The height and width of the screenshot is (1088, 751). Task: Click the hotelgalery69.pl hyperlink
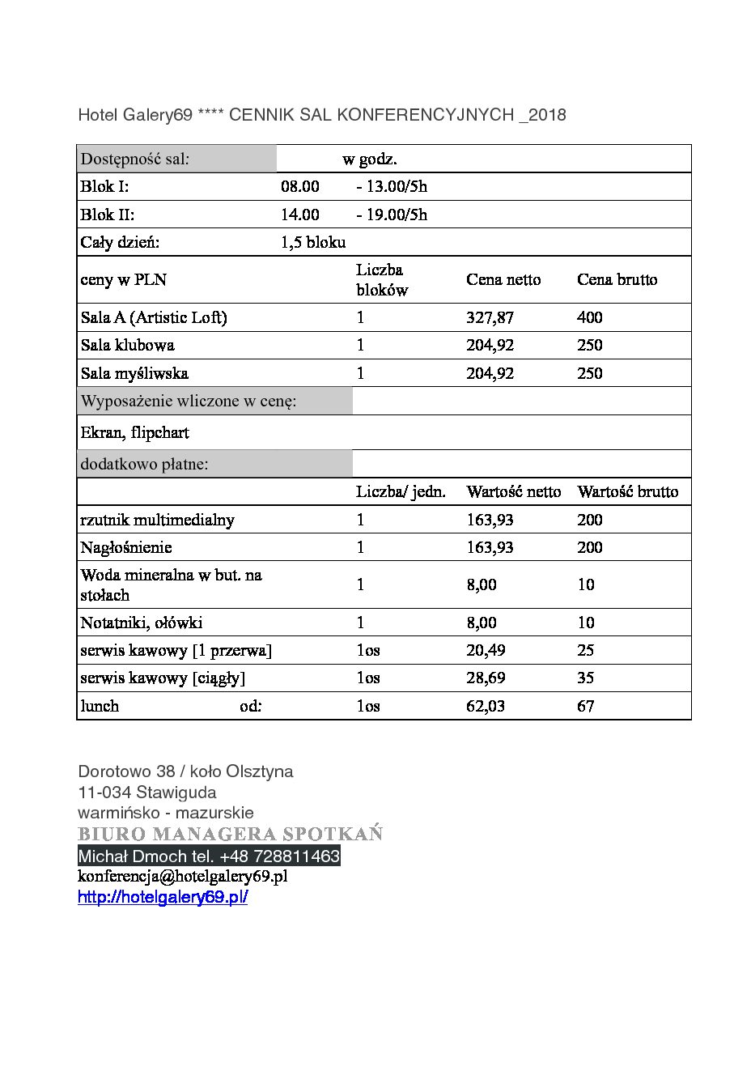163,897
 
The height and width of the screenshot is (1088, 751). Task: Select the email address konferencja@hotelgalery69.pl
183,877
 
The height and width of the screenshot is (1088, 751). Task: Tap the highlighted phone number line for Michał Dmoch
209,856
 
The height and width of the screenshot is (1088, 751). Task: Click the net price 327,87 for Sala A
490,317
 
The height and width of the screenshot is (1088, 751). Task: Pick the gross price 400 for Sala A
590,317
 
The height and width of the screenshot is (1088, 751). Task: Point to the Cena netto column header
503,279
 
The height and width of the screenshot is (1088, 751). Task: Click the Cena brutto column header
617,279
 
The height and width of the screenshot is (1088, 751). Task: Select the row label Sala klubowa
128,345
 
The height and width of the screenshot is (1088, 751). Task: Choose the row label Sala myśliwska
134,373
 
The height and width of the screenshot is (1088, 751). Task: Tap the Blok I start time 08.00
300,187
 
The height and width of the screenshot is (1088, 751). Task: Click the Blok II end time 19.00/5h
392,215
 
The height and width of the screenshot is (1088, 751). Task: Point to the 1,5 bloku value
313,242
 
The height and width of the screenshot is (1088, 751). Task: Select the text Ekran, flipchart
135,432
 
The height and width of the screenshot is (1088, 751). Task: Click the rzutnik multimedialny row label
158,520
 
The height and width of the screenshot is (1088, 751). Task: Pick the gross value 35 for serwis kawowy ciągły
586,678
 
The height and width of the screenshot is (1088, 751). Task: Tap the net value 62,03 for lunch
486,706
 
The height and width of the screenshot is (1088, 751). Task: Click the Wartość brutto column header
627,491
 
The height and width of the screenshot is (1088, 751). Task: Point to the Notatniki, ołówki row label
142,623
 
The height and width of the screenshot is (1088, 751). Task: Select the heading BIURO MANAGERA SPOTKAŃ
231,834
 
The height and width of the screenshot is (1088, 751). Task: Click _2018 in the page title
542,115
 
